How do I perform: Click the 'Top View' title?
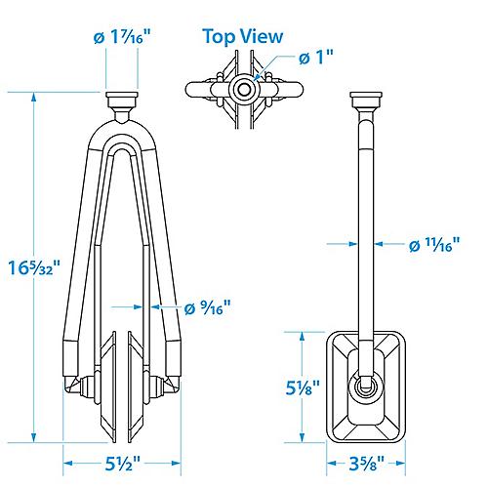[x=243, y=36]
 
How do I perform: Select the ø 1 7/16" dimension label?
[x=123, y=37]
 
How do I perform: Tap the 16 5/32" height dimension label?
[x=34, y=267]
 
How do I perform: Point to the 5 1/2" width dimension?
[x=123, y=464]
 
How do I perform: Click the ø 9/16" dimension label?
[x=208, y=307]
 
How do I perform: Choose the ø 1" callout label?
[x=316, y=58]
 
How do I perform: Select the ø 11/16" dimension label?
[x=434, y=245]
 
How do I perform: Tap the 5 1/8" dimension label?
[x=303, y=387]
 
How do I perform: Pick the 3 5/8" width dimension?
[x=367, y=464]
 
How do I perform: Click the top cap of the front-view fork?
[x=122, y=100]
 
